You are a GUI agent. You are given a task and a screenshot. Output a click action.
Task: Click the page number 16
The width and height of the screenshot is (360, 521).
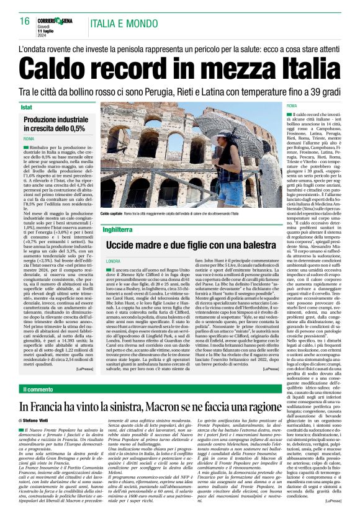25,21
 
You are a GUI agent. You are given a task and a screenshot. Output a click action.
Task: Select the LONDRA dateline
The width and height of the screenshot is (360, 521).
113,262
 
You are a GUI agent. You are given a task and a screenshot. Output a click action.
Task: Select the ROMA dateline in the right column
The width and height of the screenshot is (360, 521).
291,107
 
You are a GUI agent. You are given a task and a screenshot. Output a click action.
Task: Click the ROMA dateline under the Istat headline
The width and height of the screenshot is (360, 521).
29,139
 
